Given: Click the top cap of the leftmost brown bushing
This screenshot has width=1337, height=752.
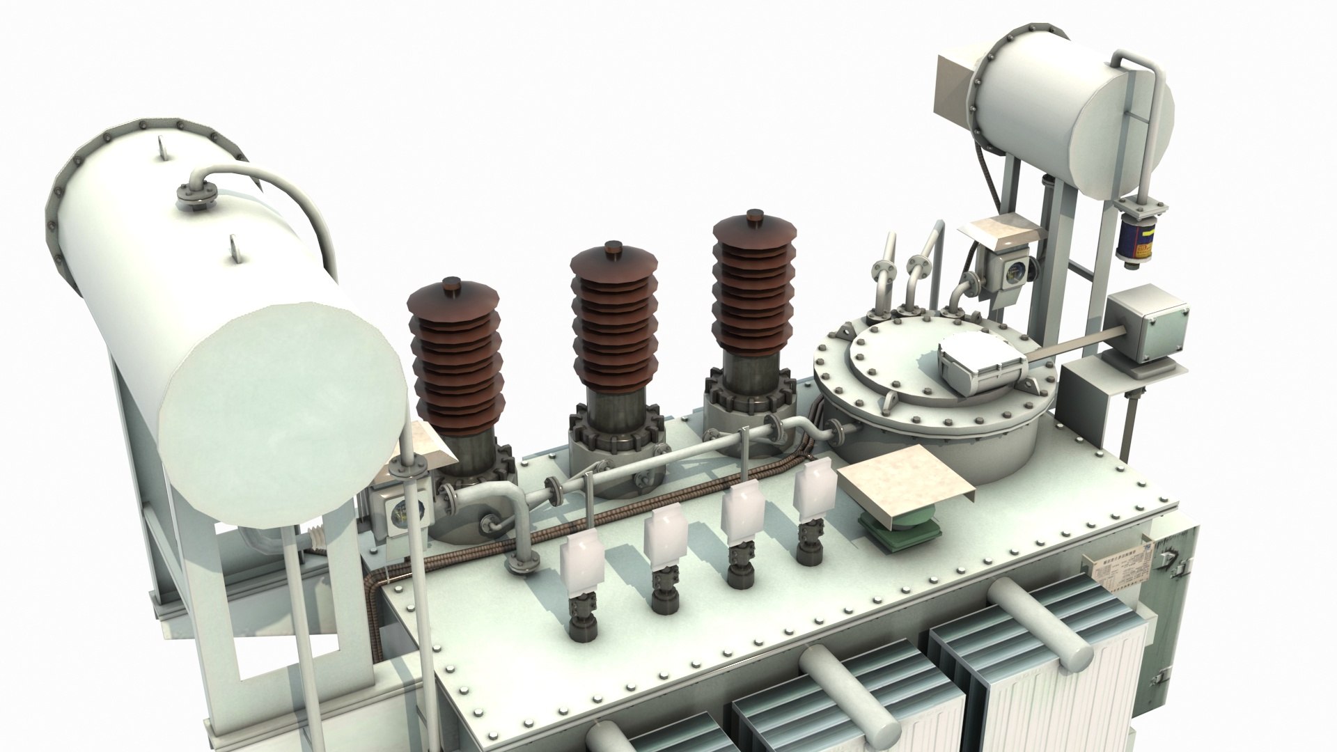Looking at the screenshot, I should point(453,286).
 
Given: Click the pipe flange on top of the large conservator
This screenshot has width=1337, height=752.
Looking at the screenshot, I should point(195,196).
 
